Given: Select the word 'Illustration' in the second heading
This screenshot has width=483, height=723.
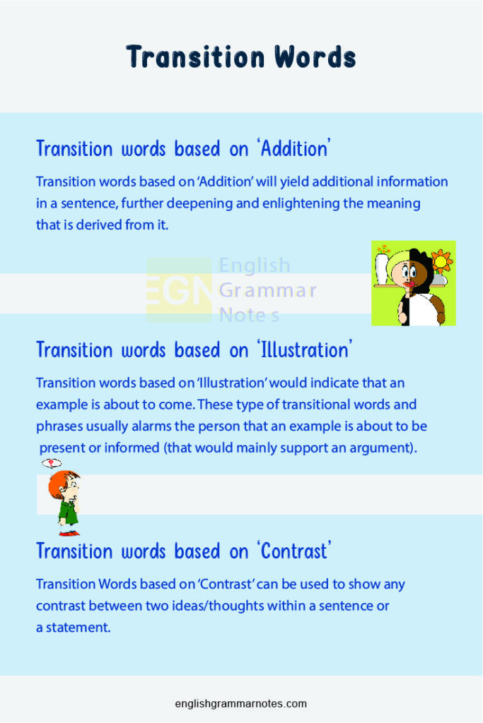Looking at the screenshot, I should pyautogui.click(x=305, y=350).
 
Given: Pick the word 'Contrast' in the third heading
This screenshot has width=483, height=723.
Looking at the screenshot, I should pyautogui.click(x=294, y=551).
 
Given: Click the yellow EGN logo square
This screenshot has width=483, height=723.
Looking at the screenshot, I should pyautogui.click(x=179, y=290).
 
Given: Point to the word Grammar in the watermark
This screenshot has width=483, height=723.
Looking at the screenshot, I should pyautogui.click(x=267, y=290).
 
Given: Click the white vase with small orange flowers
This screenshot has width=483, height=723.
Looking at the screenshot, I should pyautogui.click(x=383, y=265).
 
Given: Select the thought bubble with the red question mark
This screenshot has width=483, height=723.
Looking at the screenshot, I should pyautogui.click(x=51, y=463).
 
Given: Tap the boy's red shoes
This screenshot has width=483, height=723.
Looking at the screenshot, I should pyautogui.click(x=69, y=532).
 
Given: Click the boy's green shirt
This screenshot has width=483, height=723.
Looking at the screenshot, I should pyautogui.click(x=69, y=510).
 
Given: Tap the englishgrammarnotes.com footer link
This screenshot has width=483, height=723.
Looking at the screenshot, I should pyautogui.click(x=241, y=703).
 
